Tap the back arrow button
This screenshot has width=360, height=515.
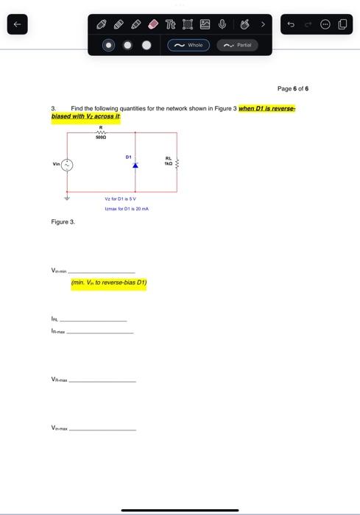[17, 25]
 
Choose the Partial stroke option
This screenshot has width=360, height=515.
[238, 45]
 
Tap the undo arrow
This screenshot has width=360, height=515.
[290, 25]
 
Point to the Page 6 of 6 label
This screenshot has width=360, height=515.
[293, 88]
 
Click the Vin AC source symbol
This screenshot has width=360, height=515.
[67, 166]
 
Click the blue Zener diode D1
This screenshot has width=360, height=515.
[135, 165]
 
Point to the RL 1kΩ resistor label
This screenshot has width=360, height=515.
[169, 160]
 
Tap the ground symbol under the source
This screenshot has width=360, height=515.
[67, 196]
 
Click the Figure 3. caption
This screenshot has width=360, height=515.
[63, 221]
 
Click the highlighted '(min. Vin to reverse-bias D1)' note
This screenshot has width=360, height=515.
[108, 282]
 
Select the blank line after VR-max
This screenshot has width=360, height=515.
[102, 381]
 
